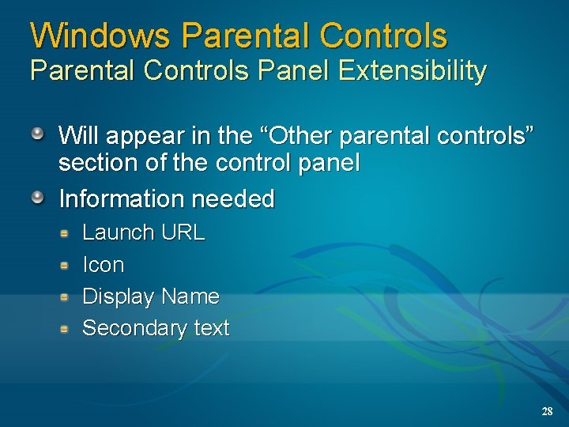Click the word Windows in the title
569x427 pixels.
click(x=101, y=36)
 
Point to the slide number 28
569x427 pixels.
click(x=547, y=412)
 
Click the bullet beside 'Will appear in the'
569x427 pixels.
click(x=38, y=133)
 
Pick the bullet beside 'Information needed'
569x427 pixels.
click(x=38, y=196)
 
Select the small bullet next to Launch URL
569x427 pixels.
click(x=67, y=232)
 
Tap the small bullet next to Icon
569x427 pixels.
click(x=67, y=264)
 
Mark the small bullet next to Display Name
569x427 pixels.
click(x=67, y=297)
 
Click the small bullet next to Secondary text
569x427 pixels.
click(x=67, y=327)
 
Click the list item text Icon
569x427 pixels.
click(x=103, y=265)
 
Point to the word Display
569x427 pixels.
click(x=118, y=297)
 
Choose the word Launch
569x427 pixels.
click(x=119, y=232)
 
